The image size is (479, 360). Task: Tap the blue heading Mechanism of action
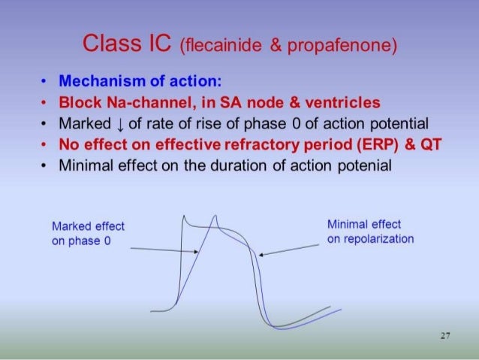pyautogui.click(x=143, y=80)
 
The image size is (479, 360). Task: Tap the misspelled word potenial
pyautogui.click(x=364, y=165)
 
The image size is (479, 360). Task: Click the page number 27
pyautogui.click(x=444, y=336)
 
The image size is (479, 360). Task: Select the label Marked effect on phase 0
pyautogui.click(x=89, y=234)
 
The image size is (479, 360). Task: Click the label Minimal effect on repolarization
pyautogui.click(x=370, y=231)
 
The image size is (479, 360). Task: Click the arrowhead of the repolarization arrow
pyautogui.click(x=261, y=256)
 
